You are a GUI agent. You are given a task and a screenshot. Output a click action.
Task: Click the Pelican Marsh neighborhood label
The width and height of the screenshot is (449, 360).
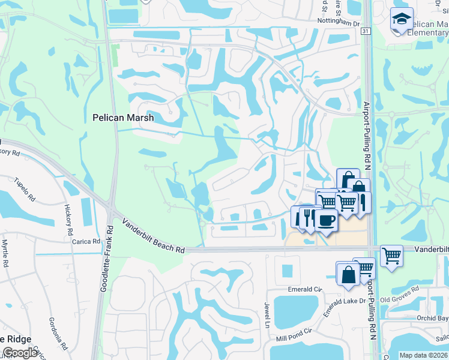coord(123,118)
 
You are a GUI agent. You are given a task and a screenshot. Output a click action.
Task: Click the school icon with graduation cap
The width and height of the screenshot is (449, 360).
coord(401,19)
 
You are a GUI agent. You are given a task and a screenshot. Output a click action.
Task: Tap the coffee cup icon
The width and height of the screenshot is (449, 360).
coord(325,220)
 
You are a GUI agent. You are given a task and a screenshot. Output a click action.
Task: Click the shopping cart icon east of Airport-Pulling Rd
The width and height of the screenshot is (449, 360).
coord(391,256)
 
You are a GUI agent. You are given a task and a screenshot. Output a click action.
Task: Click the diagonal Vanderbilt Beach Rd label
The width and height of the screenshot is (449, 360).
coord(154,235)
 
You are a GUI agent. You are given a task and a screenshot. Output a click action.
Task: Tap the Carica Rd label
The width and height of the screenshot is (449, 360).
coord(87,241)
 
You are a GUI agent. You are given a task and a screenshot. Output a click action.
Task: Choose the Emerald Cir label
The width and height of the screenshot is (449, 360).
coord(304,289)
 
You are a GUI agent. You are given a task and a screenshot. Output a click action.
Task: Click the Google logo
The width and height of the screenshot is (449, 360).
coord(20,353)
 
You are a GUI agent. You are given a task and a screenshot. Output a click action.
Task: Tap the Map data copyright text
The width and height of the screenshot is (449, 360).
coord(423,355)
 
